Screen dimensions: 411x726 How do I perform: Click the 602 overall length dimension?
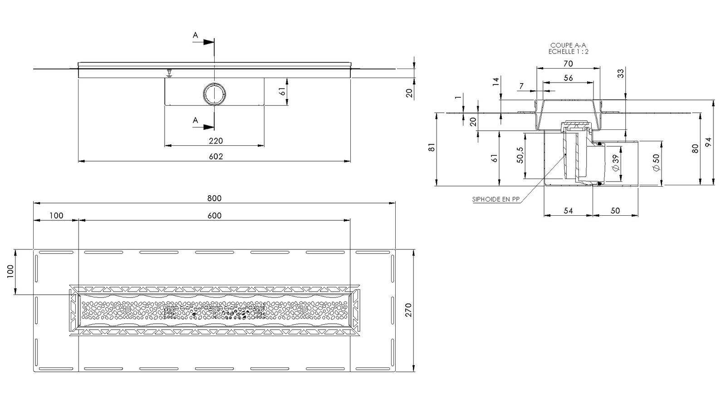[216, 157]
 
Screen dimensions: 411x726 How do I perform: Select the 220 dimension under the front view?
[216, 141]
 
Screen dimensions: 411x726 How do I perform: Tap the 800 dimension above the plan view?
[214, 198]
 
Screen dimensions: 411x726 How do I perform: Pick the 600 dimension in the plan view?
[214, 216]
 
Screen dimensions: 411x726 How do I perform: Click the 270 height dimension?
[408, 310]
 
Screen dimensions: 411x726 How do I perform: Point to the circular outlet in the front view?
[214, 94]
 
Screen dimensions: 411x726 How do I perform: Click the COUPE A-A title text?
[568, 45]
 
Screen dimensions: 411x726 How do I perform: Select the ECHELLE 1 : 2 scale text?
[568, 52]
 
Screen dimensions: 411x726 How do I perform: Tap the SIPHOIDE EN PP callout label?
[496, 199]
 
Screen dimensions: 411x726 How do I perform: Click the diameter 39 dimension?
[615, 163]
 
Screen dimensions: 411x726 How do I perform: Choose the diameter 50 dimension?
[656, 163]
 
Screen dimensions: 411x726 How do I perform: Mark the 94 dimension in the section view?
[709, 142]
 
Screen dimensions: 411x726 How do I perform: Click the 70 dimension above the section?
[568, 64]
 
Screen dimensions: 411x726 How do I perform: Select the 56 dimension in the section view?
[568, 78]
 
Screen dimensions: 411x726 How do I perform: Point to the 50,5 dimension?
[520, 155]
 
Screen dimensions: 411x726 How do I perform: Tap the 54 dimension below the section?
[568, 211]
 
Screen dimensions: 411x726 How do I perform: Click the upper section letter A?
[195, 35]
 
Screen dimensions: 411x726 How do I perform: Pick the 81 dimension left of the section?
[432, 147]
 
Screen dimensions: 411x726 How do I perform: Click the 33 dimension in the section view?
[621, 73]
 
